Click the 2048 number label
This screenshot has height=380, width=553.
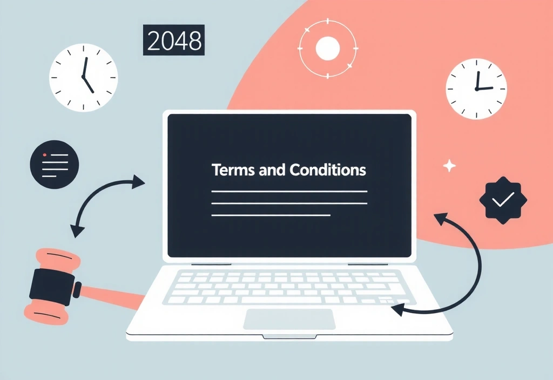click(x=173, y=40)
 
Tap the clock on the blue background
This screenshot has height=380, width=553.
click(x=84, y=78)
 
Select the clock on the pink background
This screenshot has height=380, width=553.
click(x=476, y=89)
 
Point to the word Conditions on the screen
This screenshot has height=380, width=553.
click(x=328, y=170)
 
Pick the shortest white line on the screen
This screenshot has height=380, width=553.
click(x=271, y=215)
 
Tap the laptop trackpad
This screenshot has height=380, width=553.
click(x=289, y=320)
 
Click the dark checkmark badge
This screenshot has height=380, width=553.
click(x=503, y=200)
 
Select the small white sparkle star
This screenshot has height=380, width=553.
click(x=449, y=166)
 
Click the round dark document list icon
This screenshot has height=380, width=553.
click(x=55, y=164)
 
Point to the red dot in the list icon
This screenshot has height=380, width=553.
click(x=44, y=155)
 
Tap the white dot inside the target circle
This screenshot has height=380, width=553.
click(x=328, y=48)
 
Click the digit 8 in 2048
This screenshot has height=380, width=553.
click(x=194, y=40)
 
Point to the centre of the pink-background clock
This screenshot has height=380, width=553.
click(x=476, y=89)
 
